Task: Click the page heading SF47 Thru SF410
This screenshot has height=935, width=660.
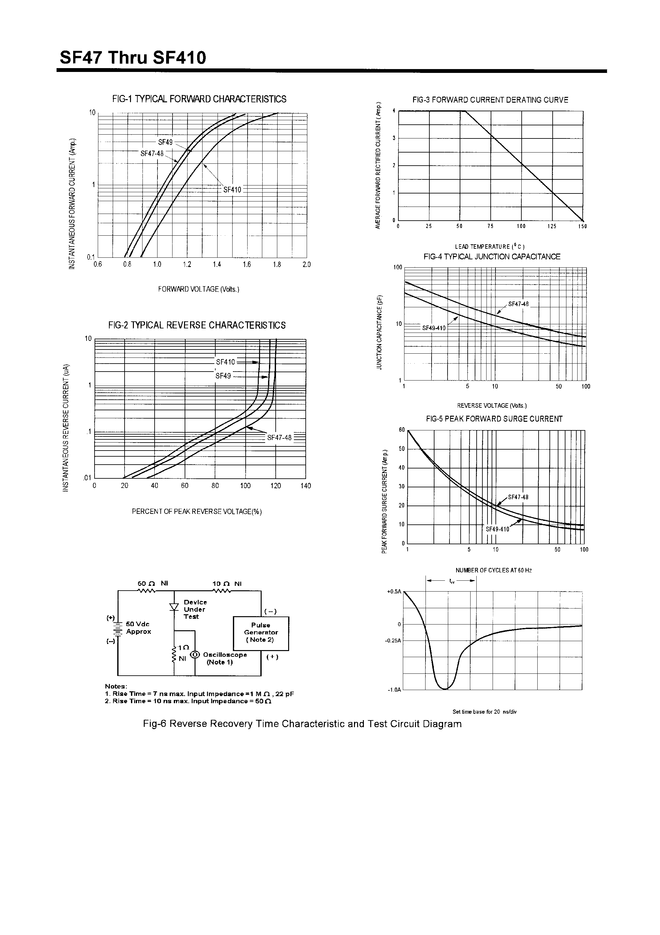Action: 133,58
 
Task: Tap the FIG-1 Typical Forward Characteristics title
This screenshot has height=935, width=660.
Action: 199,99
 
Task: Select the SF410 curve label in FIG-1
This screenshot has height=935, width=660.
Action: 232,190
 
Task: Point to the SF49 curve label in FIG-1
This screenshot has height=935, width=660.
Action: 165,142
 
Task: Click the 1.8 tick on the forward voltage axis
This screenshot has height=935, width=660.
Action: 277,265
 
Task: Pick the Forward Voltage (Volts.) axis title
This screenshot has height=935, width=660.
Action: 199,289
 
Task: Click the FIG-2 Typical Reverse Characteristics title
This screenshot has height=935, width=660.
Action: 197,325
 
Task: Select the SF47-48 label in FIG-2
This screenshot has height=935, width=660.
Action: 279,438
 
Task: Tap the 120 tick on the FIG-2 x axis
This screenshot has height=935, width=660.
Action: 275,485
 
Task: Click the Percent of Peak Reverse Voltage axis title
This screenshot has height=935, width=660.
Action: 197,512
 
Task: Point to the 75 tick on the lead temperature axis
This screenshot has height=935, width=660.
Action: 490,226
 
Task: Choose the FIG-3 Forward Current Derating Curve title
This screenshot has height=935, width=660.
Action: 490,100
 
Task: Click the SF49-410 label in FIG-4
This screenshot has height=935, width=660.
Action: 434,328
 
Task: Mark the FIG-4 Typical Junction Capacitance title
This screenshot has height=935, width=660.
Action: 492,256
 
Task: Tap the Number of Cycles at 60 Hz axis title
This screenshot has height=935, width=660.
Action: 494,570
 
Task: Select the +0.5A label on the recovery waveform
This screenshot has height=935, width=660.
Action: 394,591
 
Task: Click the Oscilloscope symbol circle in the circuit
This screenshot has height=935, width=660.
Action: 195,655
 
